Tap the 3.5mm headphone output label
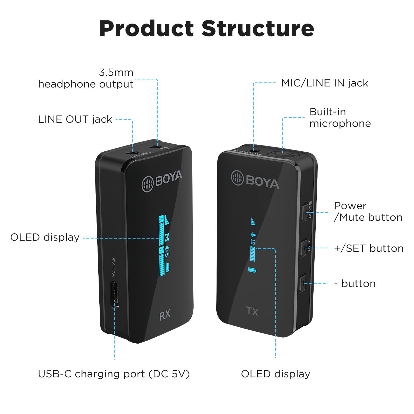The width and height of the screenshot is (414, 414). pos(86,78)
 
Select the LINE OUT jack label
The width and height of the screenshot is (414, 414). pos(75,119)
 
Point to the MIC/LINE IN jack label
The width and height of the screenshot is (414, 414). pos(324,83)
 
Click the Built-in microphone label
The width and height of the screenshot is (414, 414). pos(340,117)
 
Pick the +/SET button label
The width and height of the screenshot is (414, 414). pos(369,248)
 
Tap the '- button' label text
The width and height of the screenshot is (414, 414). pos(355,284)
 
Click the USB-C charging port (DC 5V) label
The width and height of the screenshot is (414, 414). pos(114,374)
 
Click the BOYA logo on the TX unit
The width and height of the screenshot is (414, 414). pos(255,180)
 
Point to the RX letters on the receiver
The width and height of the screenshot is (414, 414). pos(165,315)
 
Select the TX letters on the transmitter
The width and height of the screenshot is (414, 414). pos(252,312)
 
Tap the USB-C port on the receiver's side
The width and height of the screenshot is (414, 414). pos(115,295)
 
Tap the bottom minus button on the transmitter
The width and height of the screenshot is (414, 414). pos(302,283)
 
